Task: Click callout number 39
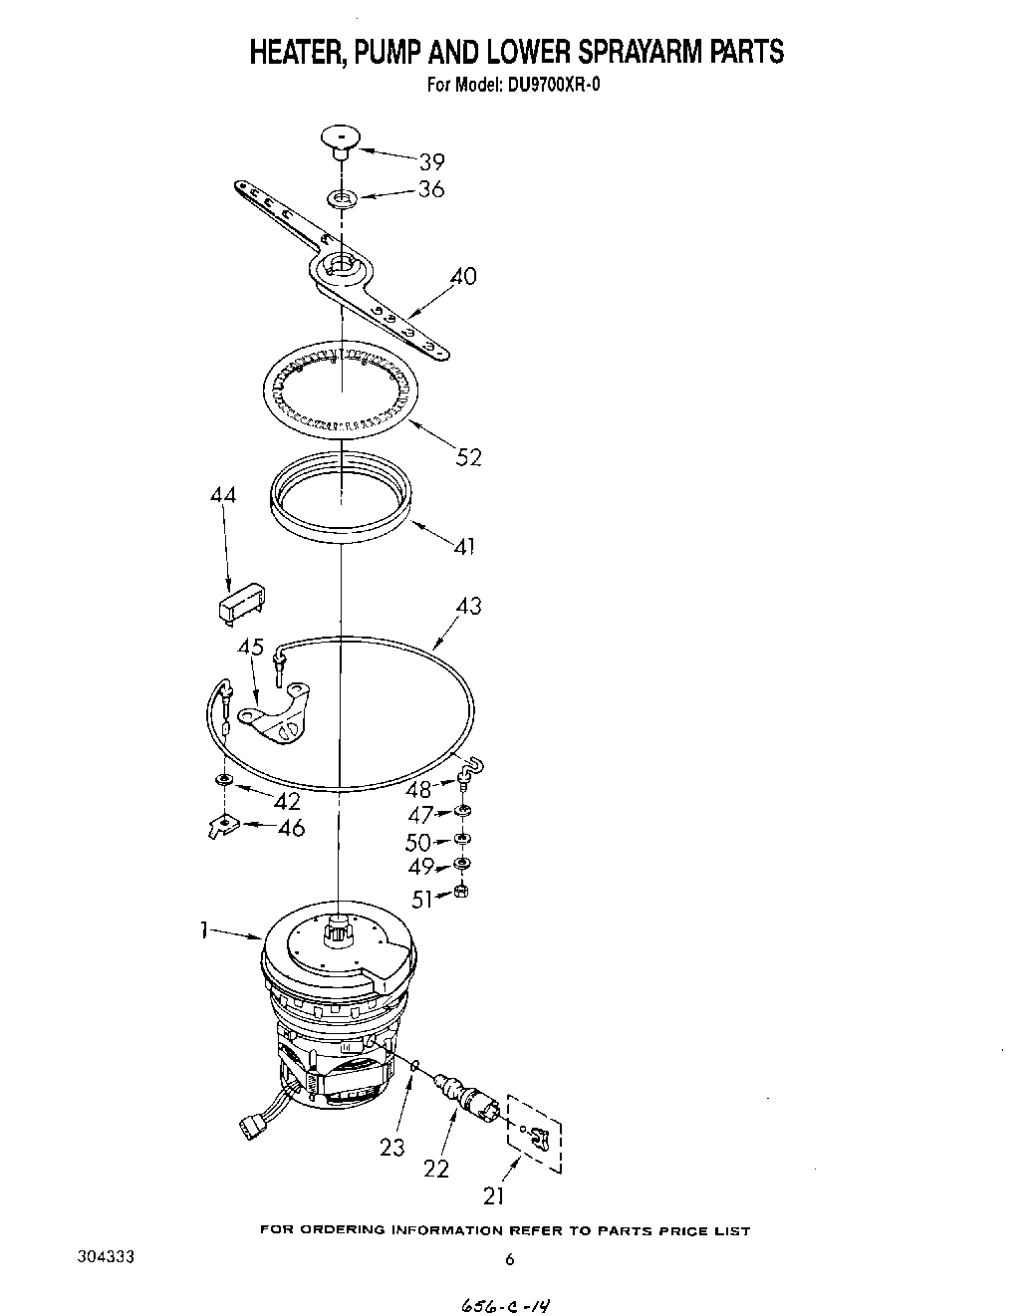(x=430, y=161)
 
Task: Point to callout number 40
(x=464, y=276)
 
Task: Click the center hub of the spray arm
(x=340, y=265)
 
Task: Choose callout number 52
(x=468, y=457)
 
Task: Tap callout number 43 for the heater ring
(x=468, y=605)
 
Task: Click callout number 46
(x=291, y=828)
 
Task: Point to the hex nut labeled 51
(x=461, y=891)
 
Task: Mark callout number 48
(x=419, y=789)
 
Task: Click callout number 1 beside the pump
(x=203, y=928)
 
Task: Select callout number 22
(x=436, y=1169)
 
